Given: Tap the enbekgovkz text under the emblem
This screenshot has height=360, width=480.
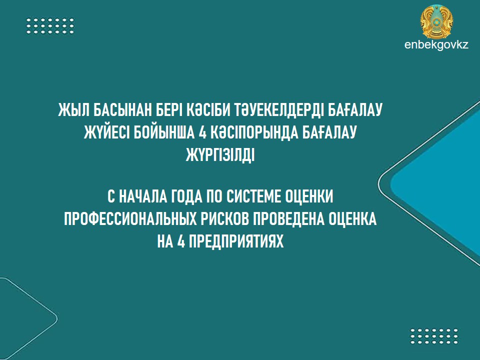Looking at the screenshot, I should click(436, 45).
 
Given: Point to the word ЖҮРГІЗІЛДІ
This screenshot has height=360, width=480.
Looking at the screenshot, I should click(220, 155).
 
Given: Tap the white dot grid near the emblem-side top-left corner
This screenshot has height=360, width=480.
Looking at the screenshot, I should click(50, 25).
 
